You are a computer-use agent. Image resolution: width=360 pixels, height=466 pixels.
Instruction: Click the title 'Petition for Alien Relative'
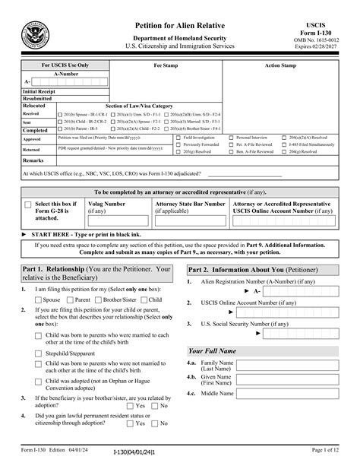point(180,25)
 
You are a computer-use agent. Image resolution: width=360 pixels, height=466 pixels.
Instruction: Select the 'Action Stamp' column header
point(280,66)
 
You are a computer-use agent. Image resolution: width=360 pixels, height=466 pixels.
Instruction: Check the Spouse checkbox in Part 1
point(39,300)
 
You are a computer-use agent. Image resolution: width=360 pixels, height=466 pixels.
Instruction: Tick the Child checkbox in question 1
point(144,300)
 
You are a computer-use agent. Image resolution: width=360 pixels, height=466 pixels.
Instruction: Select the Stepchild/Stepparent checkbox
point(39,353)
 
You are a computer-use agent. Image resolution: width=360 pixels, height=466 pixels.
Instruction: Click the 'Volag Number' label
point(107,204)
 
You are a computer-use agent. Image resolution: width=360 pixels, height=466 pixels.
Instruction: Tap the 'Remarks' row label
point(33,160)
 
